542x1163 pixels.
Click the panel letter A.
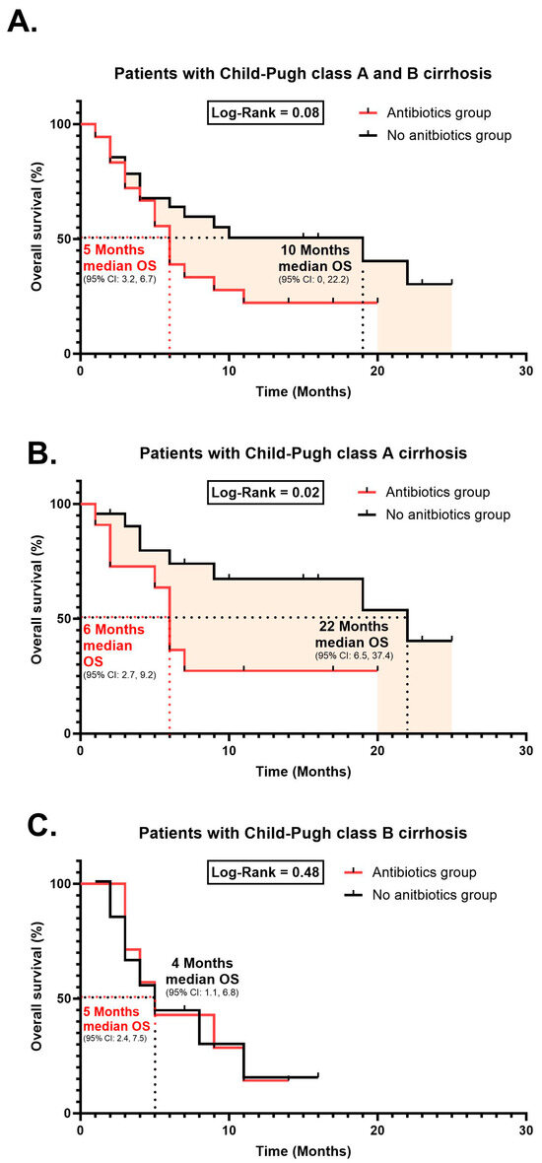pyautogui.click(x=23, y=22)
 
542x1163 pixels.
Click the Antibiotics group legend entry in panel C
pyautogui.click(x=423, y=872)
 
